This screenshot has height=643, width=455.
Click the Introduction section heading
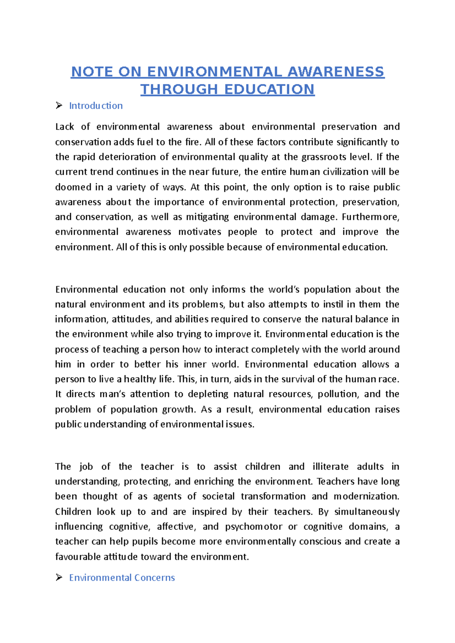tap(96, 106)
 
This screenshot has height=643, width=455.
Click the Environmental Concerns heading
tap(122, 577)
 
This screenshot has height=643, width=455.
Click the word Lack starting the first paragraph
tap(64, 127)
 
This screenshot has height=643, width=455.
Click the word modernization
tap(366, 496)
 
